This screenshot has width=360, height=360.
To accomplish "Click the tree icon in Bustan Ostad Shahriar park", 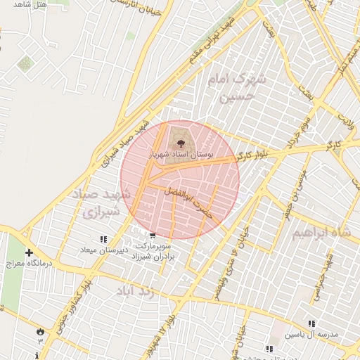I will pos(173,141).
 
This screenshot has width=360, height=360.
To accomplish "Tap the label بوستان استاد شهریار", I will pos(182,152).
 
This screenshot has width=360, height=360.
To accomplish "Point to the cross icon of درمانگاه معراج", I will pos(29,252).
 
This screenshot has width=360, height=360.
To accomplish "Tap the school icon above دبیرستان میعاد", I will pos(104,240).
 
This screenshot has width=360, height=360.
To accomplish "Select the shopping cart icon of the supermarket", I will pos(153,236).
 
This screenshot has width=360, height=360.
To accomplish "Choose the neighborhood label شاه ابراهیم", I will pos(321,232).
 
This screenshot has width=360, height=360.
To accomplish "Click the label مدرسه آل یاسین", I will pos(311,335).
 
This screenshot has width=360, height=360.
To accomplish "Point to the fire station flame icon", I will pos(40,330).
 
